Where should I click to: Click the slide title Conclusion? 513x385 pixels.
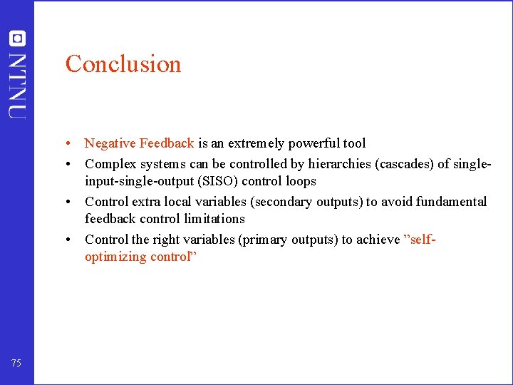[x=123, y=64]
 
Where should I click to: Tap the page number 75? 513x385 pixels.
[x=16, y=364]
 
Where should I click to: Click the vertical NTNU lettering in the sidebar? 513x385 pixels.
[x=17, y=86]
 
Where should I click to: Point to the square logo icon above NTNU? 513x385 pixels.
[x=17, y=38]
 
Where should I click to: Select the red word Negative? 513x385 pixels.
[x=110, y=143]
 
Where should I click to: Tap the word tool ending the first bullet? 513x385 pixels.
[x=355, y=143]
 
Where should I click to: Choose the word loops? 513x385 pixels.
[x=301, y=181]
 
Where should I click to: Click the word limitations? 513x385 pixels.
[x=213, y=219]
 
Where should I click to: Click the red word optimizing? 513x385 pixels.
[x=115, y=257]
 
